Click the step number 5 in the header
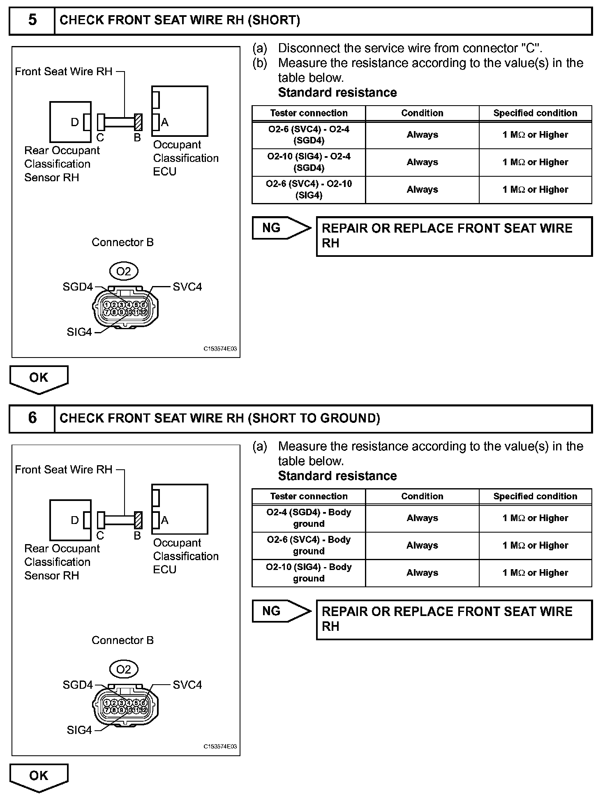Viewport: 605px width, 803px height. coord(32,20)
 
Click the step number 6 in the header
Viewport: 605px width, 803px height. coord(32,418)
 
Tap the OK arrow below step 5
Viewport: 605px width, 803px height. coord(39,378)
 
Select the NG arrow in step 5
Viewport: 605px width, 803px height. coord(281,228)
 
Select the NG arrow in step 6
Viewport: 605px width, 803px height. coord(281,611)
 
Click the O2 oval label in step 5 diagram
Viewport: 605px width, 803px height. coord(123,271)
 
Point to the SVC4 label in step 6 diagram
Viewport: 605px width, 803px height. coord(187,685)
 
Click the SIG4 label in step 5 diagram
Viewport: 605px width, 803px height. coord(79,332)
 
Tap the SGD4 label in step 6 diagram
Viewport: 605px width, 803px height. coord(78,685)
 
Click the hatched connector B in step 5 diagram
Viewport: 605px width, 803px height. coord(139,122)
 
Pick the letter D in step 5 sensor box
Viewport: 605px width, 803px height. coord(75,122)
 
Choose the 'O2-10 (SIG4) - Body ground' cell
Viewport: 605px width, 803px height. coord(309,573)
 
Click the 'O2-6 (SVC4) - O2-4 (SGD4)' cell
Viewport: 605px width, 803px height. coord(309,135)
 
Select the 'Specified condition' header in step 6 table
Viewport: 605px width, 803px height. coord(535,496)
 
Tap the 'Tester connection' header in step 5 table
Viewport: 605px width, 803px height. coord(309,113)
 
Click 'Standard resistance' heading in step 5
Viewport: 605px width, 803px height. coord(337,92)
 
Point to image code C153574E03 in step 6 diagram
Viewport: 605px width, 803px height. coord(220,747)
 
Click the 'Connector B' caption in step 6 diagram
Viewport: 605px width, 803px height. coord(122,640)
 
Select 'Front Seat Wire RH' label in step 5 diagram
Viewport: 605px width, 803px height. coord(64,72)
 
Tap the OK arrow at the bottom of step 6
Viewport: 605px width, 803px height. coord(39,776)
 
